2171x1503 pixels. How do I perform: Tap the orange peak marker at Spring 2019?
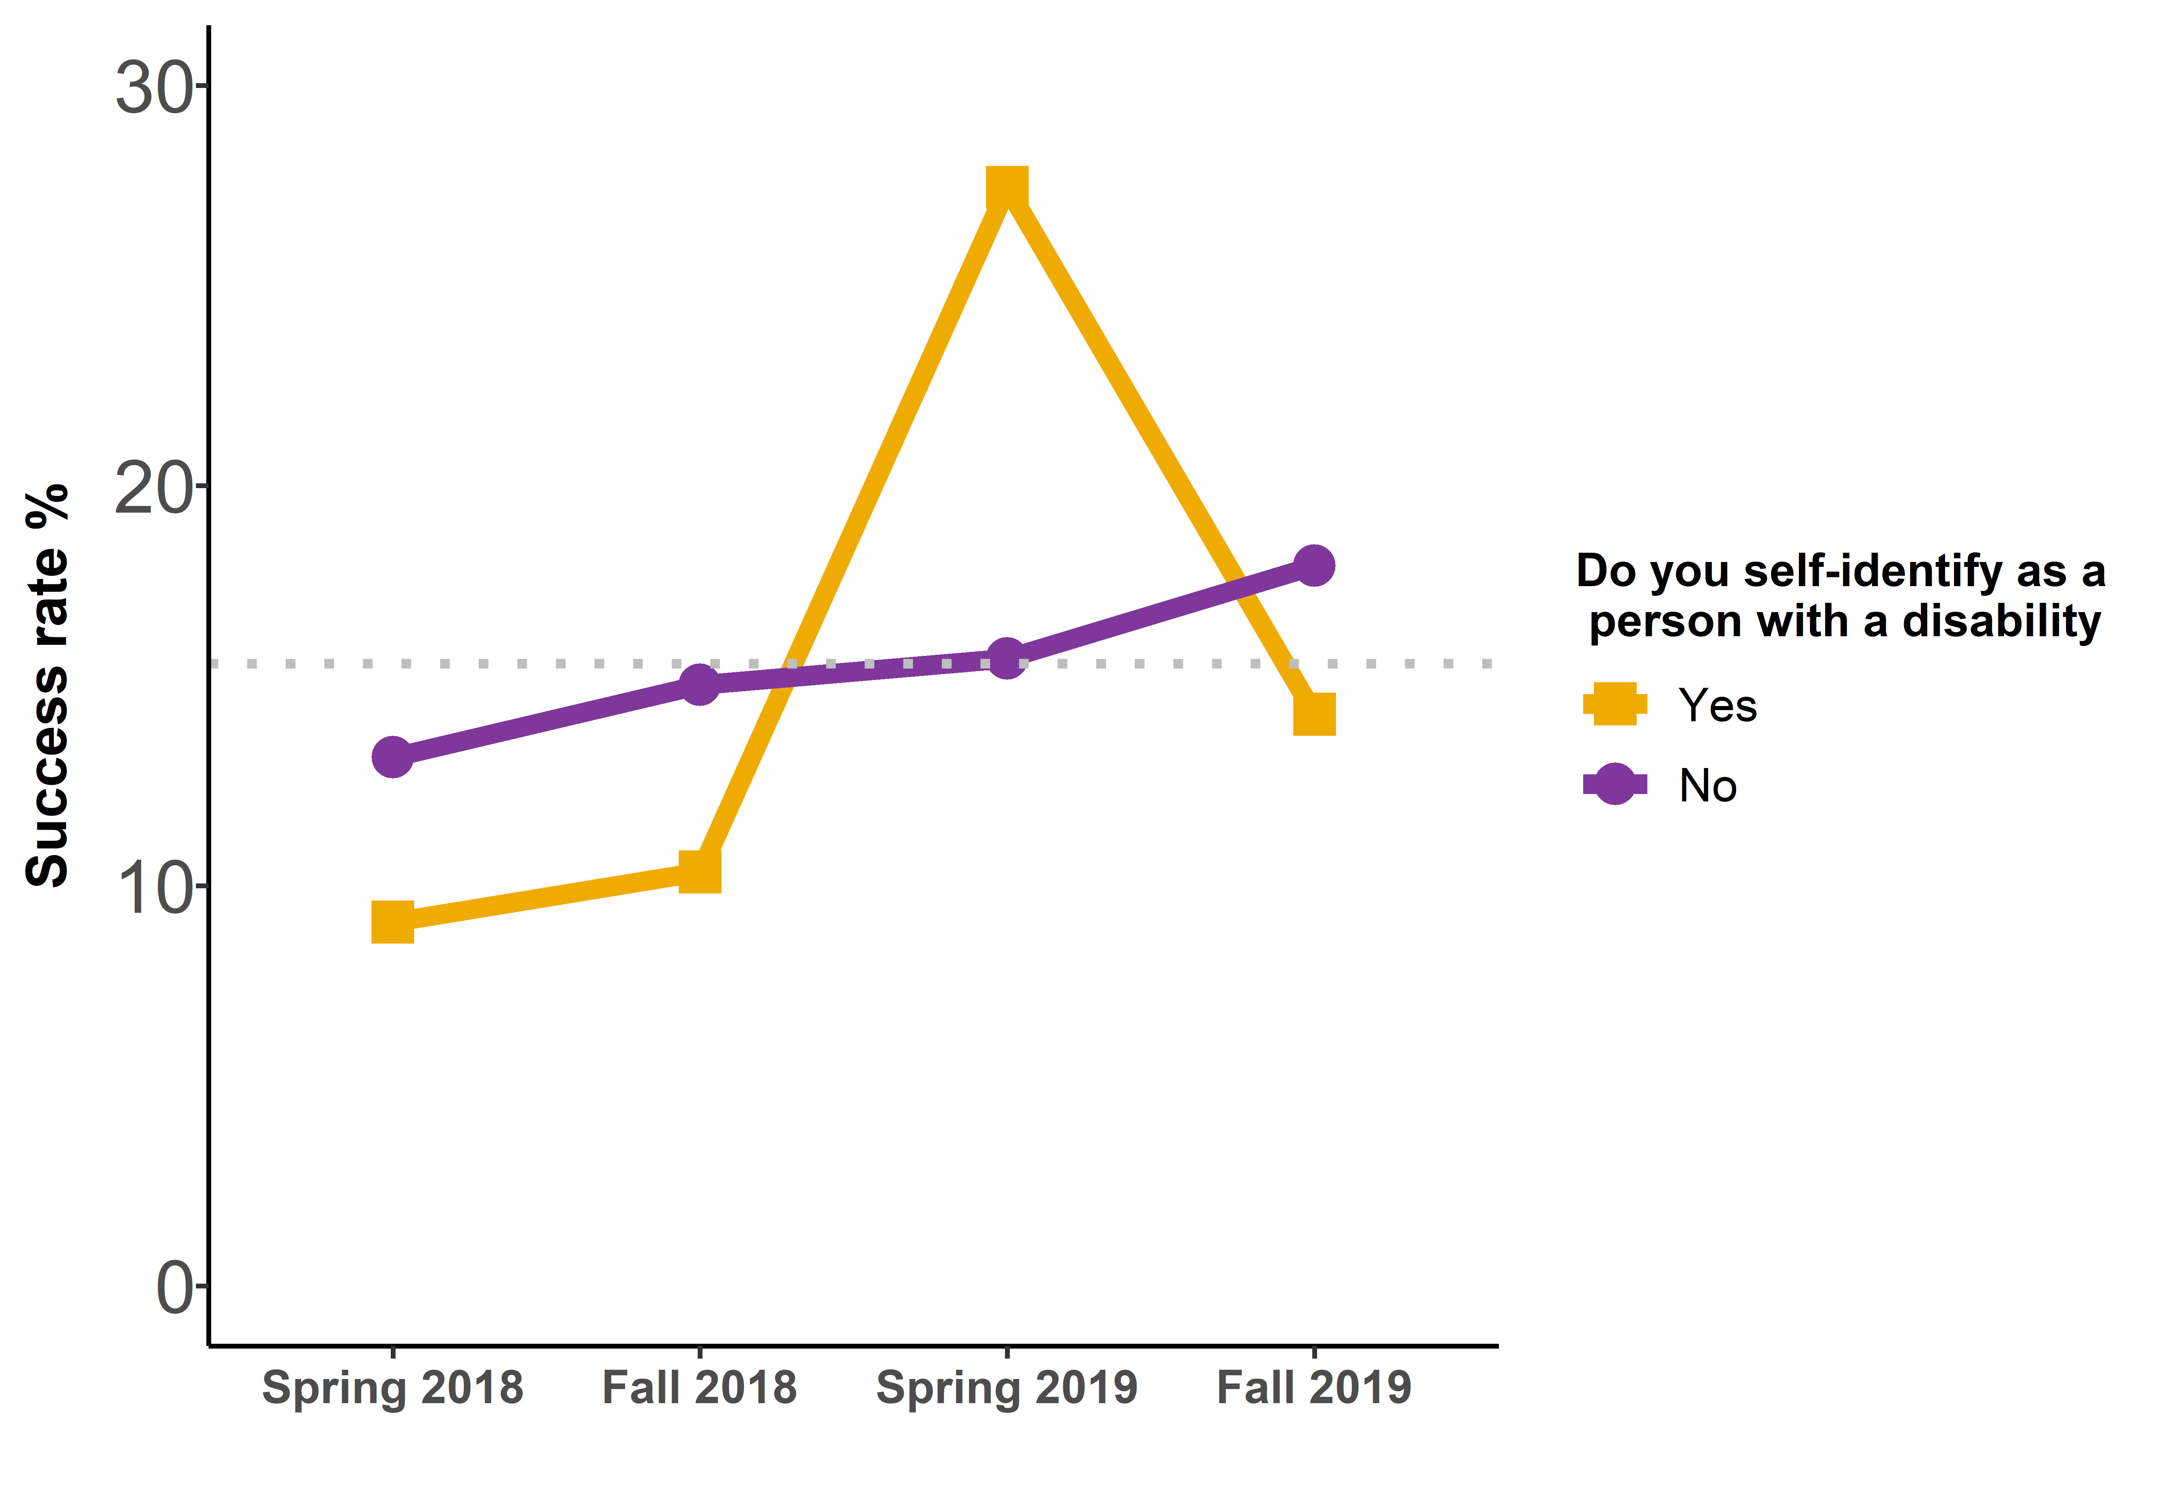point(1006,189)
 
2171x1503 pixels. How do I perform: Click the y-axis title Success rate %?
point(47,686)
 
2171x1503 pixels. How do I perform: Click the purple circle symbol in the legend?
point(1615,784)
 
